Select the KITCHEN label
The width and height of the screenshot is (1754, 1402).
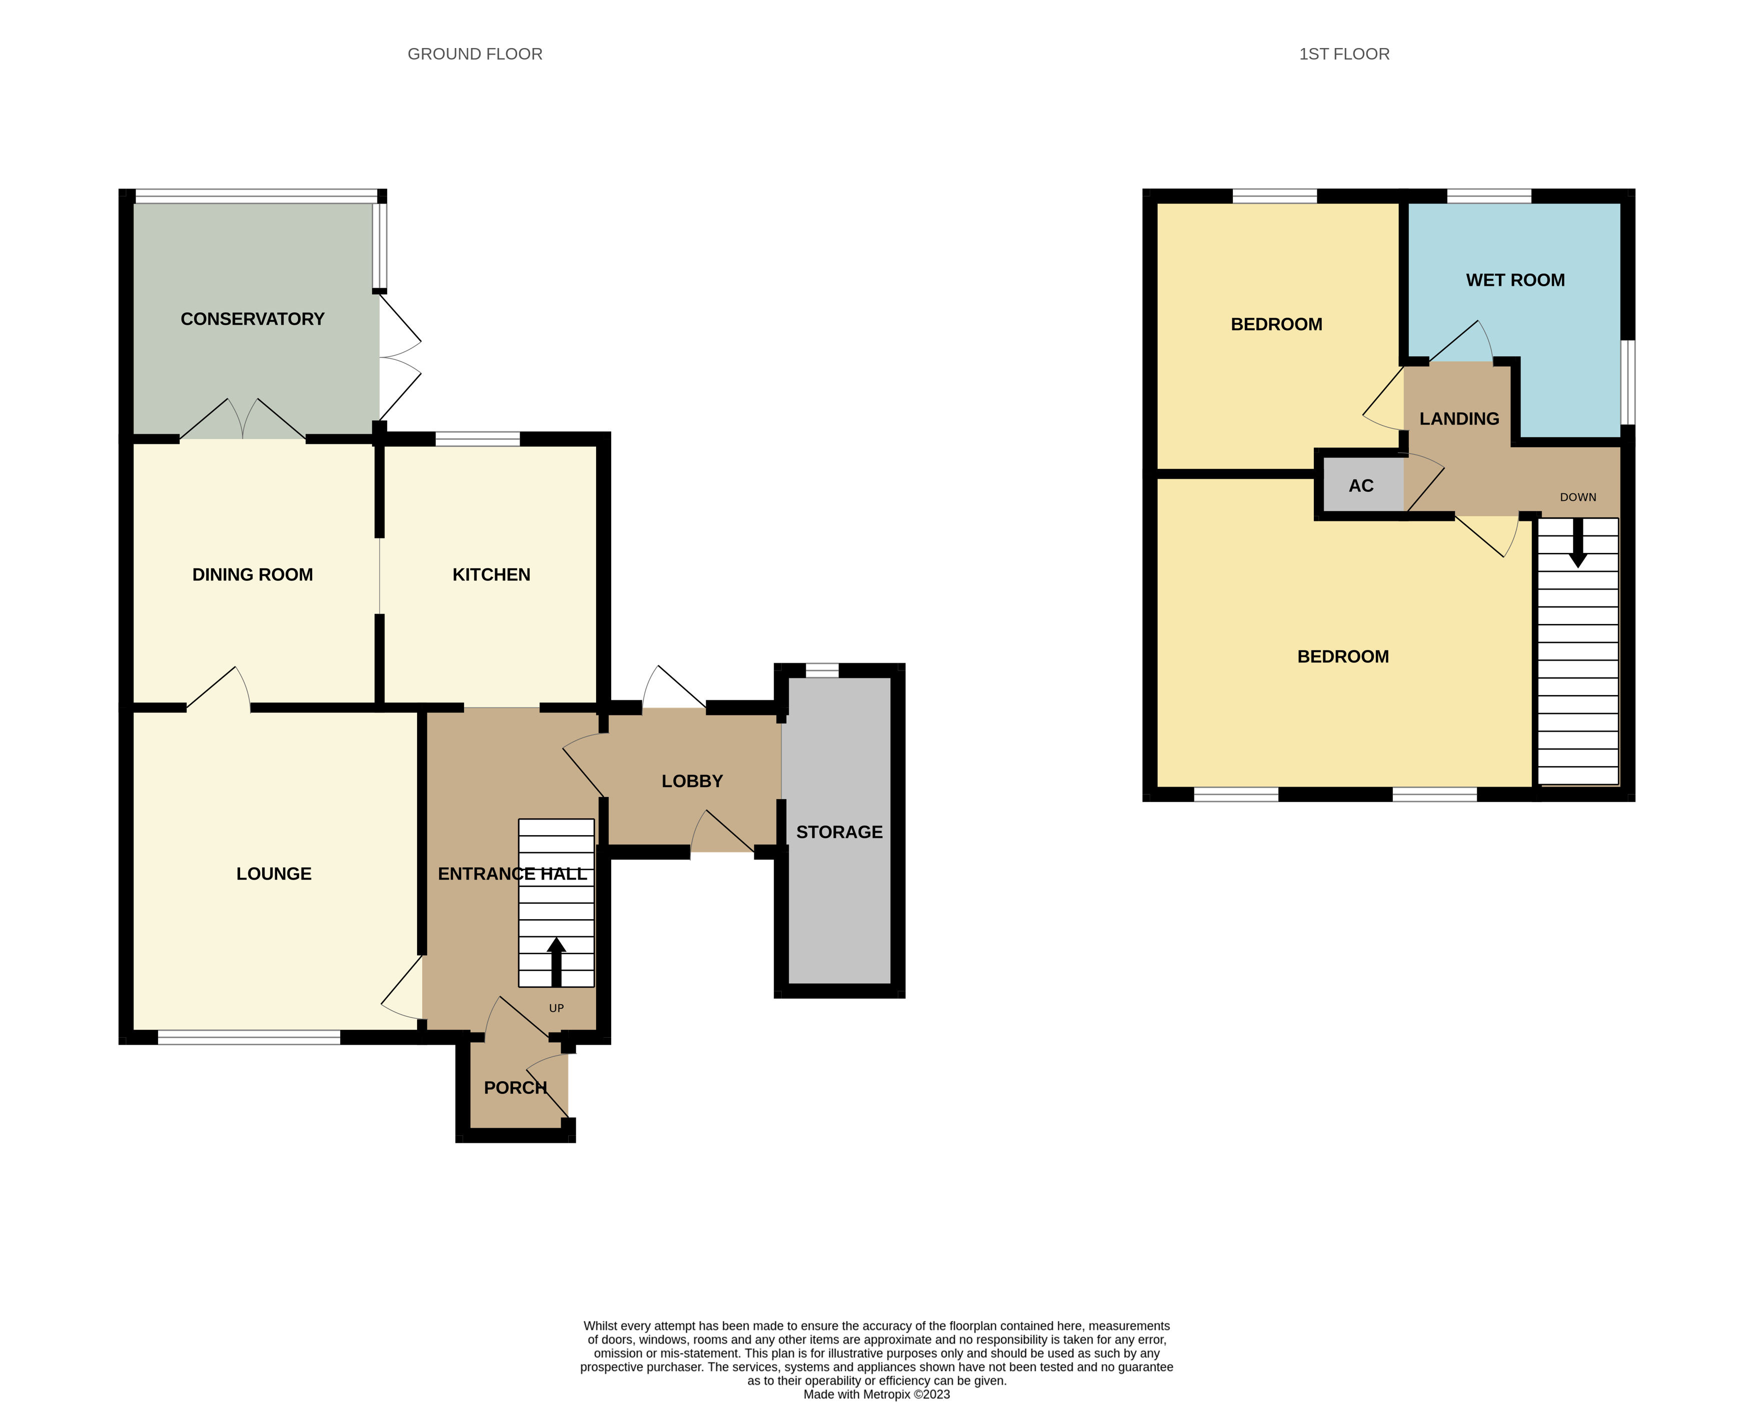(491, 574)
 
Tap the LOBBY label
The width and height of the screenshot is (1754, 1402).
(692, 781)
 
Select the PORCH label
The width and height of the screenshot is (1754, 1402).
(515, 1087)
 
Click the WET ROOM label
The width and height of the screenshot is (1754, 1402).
(1515, 280)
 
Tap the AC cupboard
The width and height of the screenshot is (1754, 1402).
(1360, 486)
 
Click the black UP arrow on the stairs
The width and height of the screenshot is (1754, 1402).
(557, 961)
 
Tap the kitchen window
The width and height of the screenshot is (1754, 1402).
(478, 439)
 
